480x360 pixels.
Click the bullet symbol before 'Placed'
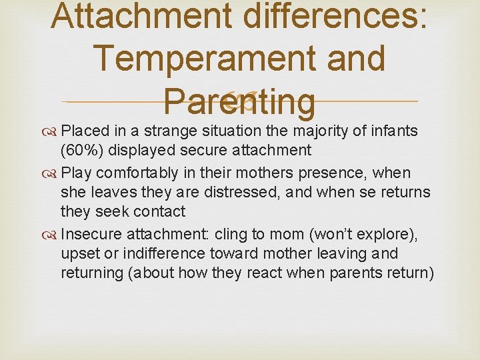coord(51,131)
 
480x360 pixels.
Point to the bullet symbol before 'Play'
coord(51,173)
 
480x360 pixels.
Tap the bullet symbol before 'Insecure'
coord(51,235)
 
